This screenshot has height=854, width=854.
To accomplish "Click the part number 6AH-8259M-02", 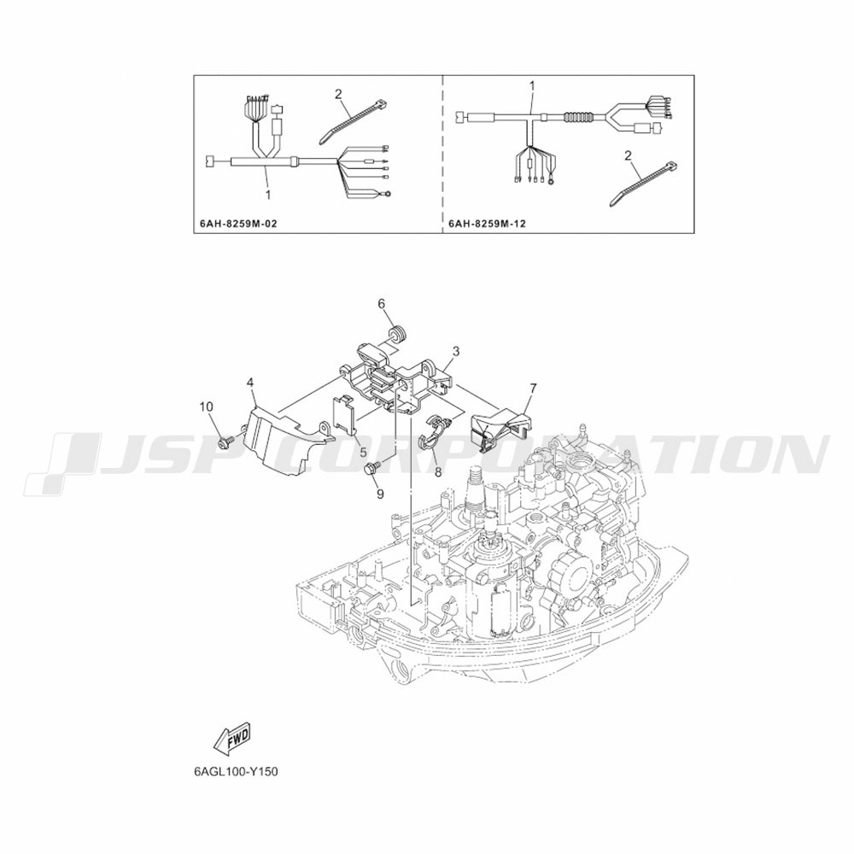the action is point(238,223).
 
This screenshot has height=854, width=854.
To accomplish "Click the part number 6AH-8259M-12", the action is point(488,223).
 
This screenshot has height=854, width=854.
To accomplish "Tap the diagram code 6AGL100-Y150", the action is point(236,771).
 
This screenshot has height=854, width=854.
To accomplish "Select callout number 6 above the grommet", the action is point(382,303).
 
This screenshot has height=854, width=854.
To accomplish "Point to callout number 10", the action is point(207,407).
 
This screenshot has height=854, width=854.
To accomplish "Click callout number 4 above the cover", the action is point(250,383).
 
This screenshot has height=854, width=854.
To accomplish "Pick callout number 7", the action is point(533,389).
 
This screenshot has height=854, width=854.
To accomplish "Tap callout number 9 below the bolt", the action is point(380,494).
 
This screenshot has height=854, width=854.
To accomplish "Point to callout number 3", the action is point(456,352).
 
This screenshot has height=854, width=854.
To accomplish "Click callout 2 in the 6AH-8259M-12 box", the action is point(628,155).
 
